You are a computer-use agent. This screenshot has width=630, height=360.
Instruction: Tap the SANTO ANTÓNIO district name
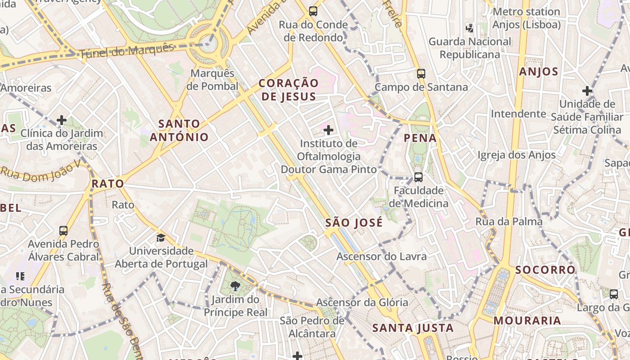[x=179, y=130]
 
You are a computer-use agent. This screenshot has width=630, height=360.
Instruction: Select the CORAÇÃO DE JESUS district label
[x=288, y=90]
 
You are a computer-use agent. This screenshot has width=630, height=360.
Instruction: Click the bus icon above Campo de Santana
[x=421, y=73]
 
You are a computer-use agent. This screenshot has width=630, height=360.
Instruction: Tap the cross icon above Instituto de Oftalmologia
[x=328, y=130]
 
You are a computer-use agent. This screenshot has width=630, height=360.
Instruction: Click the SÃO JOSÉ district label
[x=354, y=222]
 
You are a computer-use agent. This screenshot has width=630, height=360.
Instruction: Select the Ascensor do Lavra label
[x=382, y=256]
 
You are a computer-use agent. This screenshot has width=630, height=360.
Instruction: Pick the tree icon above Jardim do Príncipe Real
[x=235, y=286]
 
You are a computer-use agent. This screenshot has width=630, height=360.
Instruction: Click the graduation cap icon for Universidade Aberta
[x=161, y=237]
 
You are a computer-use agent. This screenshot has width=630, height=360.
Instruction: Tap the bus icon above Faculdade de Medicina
[x=418, y=177]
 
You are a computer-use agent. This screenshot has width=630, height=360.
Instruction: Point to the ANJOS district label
[x=539, y=72]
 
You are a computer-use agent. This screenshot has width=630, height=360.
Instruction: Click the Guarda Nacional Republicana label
[x=470, y=48]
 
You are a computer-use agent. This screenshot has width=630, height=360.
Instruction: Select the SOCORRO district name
[x=545, y=270]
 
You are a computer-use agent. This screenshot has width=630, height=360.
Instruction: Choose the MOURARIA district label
[x=527, y=321]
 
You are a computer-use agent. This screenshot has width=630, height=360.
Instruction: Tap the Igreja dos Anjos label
[x=517, y=155]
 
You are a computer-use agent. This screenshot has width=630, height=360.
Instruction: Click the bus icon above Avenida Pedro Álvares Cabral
[x=63, y=231]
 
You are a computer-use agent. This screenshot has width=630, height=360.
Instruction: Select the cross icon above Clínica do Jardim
[x=62, y=120]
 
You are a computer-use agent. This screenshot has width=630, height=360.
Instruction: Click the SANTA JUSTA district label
[x=413, y=328]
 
